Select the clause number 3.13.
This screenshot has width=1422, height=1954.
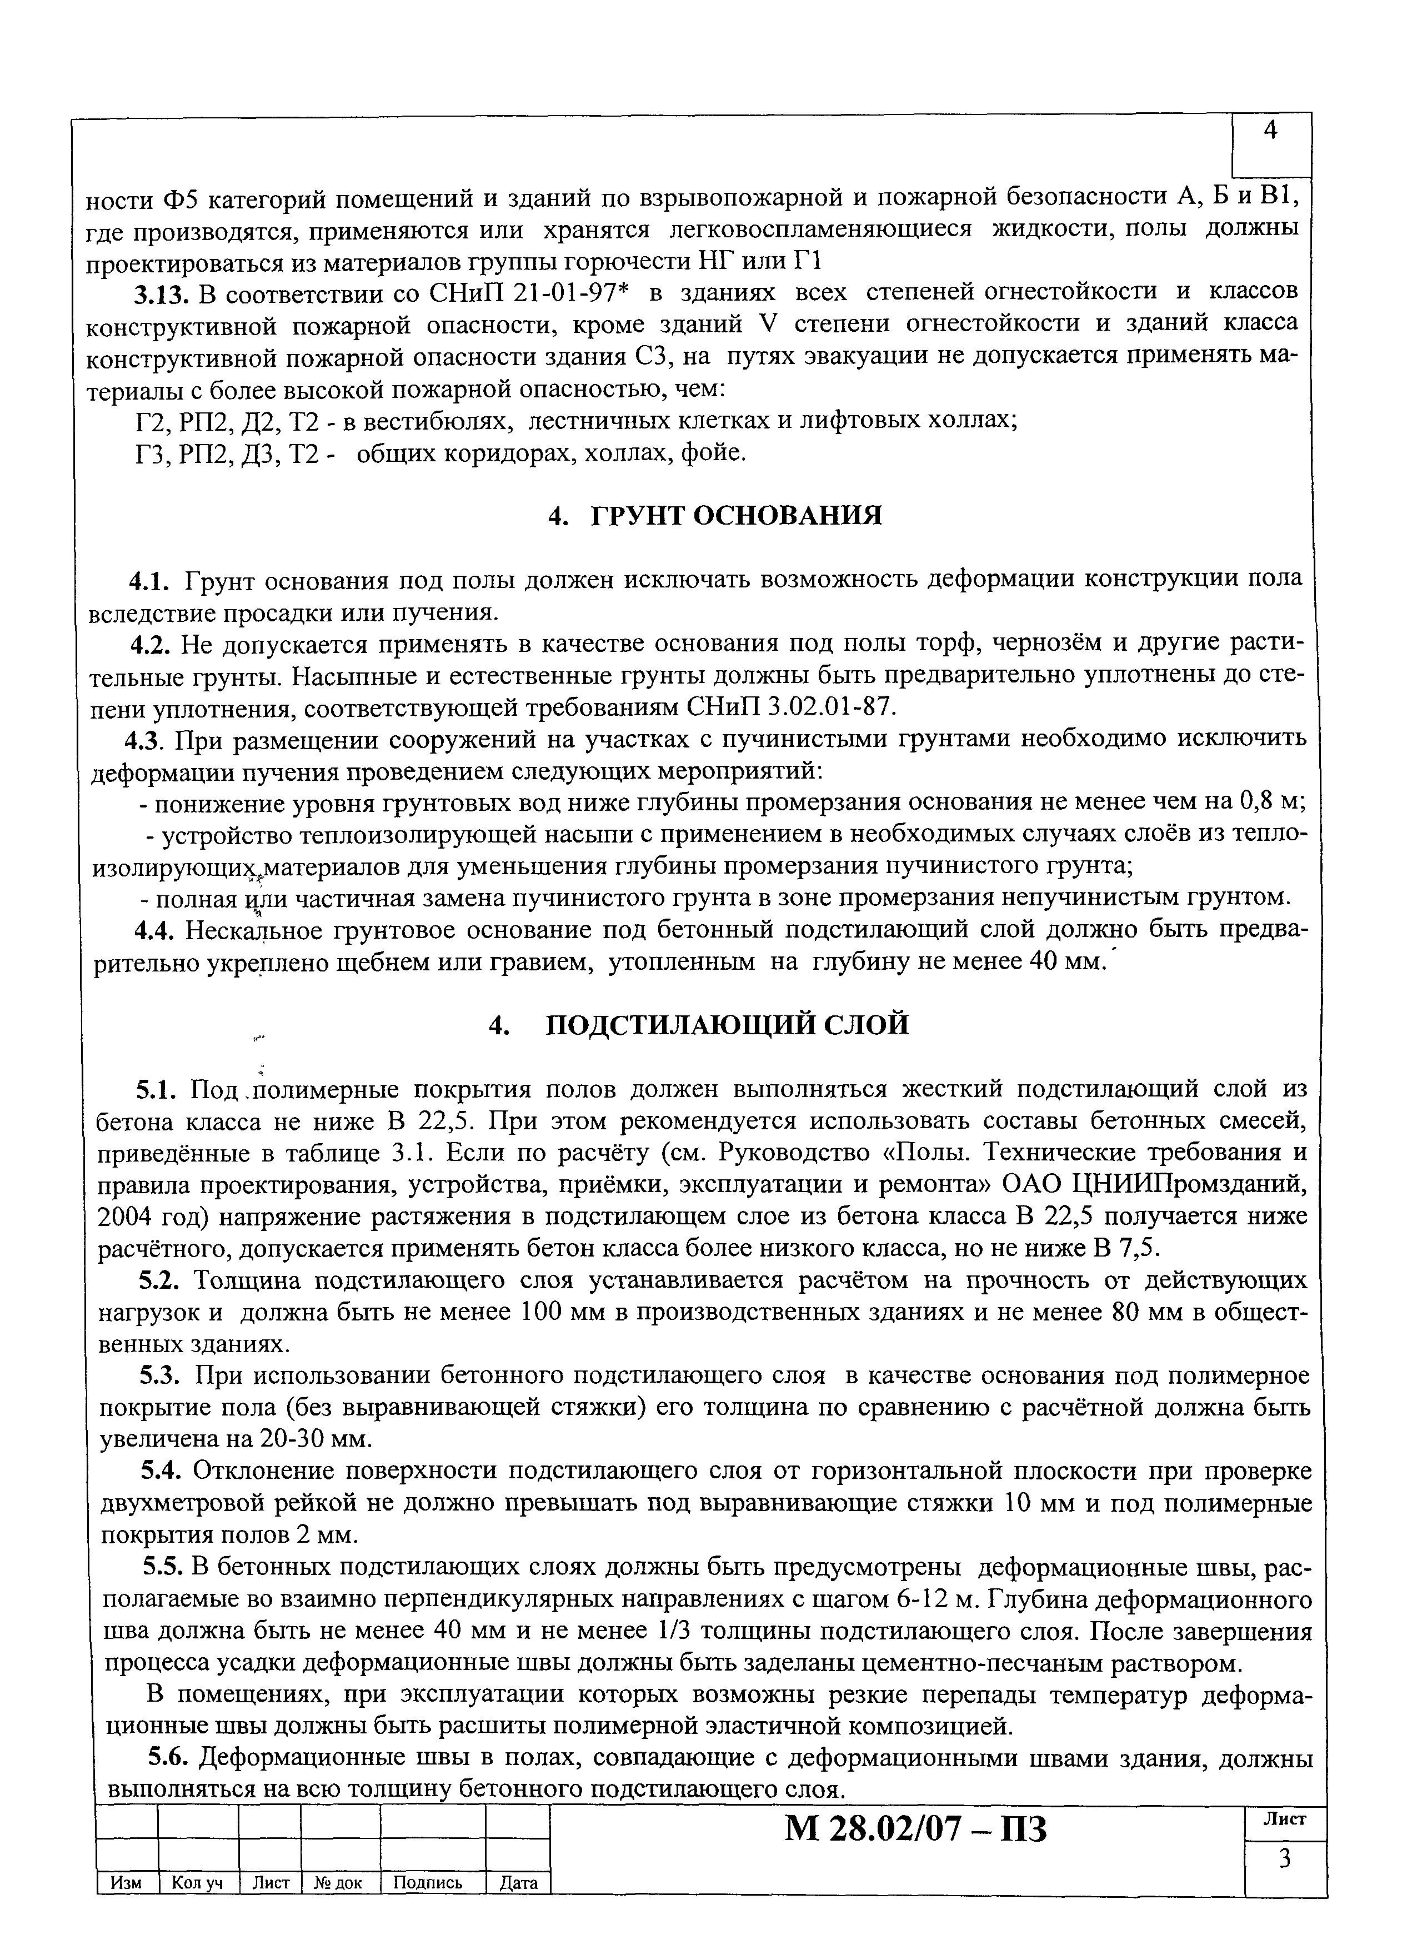click(x=160, y=295)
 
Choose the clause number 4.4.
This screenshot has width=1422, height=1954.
click(x=156, y=930)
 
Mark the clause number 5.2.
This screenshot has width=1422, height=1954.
click(x=158, y=1280)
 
